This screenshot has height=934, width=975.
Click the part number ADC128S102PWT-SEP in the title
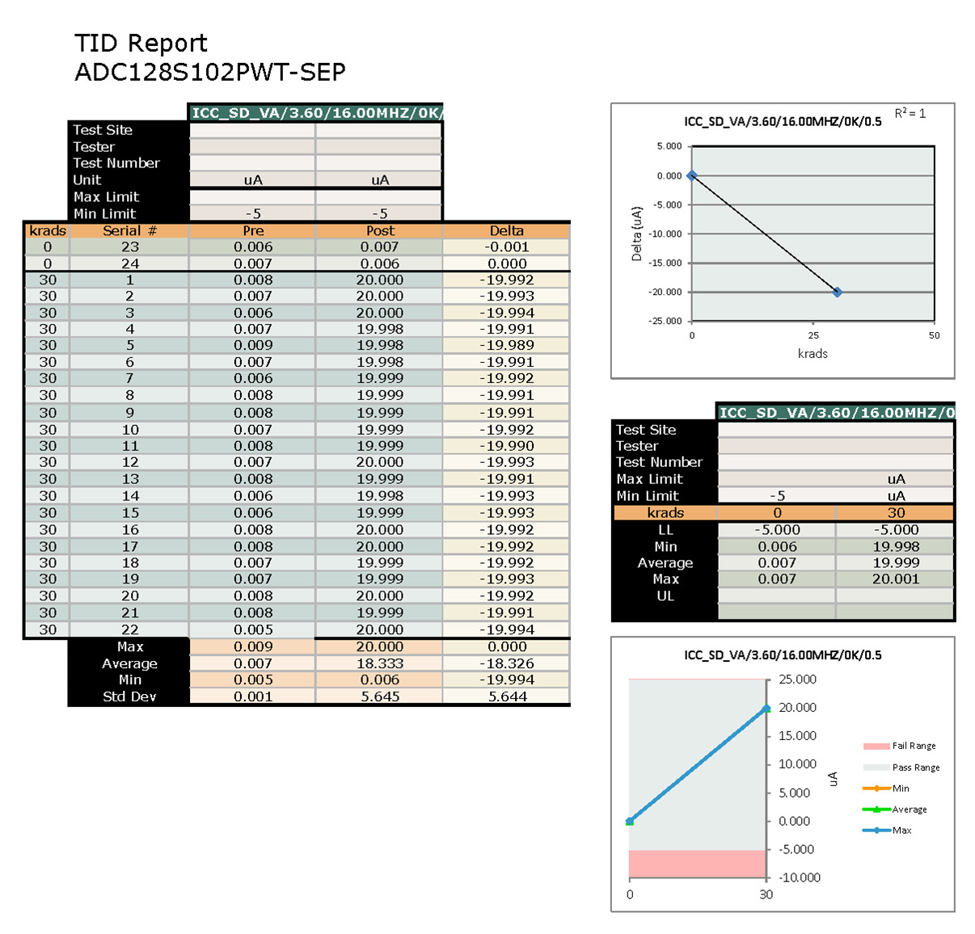(x=209, y=72)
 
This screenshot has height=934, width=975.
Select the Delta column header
(x=506, y=230)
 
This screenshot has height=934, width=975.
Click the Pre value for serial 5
(x=253, y=345)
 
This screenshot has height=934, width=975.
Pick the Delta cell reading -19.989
(x=506, y=345)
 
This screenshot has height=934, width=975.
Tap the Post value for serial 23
(x=379, y=247)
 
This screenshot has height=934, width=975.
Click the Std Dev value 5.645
(x=379, y=696)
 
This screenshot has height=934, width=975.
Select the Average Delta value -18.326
(x=506, y=663)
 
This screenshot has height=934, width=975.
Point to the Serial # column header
(x=129, y=230)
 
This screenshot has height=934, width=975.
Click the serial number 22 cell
(x=129, y=629)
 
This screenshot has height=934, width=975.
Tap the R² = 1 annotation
(x=910, y=114)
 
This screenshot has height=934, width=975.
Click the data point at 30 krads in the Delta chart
(x=837, y=292)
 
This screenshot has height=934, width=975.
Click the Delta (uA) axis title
(x=636, y=234)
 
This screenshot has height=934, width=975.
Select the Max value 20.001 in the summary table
(x=895, y=579)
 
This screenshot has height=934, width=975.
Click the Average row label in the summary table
(x=665, y=563)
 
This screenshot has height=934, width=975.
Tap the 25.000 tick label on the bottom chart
(x=797, y=679)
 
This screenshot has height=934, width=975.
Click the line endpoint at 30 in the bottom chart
(x=766, y=709)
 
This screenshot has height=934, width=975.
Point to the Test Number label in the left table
(x=116, y=163)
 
